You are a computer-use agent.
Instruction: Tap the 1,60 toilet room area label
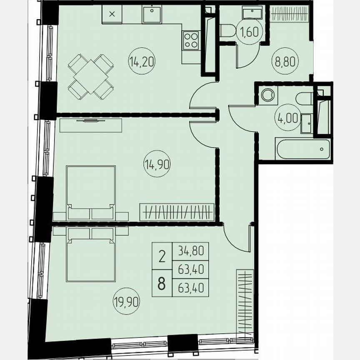click(x=246, y=32)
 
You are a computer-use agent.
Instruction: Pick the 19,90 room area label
click(x=126, y=299)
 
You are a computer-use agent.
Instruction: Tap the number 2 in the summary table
click(x=162, y=254)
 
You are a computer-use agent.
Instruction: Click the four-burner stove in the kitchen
click(x=191, y=40)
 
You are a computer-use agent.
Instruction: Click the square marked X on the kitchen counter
click(x=112, y=14)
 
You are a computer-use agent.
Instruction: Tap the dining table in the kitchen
click(x=90, y=77)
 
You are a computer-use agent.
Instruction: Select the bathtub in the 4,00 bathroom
click(x=303, y=149)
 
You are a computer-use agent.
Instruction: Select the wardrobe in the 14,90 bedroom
click(x=177, y=212)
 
